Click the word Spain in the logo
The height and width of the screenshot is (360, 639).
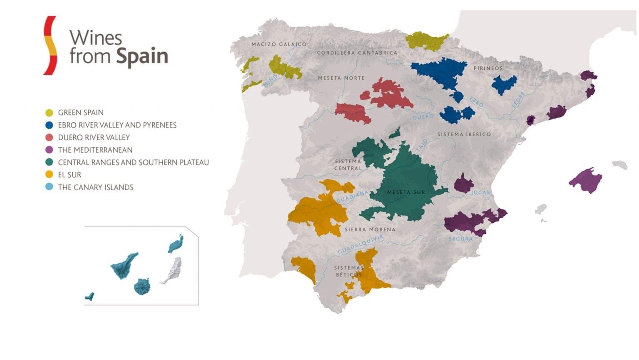point(142,57)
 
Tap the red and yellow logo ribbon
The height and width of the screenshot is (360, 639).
point(50,45)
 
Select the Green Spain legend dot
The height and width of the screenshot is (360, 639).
point(49,113)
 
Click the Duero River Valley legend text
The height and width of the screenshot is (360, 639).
point(94,138)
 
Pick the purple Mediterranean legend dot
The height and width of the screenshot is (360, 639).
point(49,150)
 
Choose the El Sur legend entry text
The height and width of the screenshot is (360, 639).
point(69,175)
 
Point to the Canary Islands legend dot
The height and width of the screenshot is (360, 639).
point(49,187)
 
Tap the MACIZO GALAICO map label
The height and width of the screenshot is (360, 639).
point(279,44)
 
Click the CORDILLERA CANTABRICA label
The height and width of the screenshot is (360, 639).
point(357,53)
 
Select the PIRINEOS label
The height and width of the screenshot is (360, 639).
point(488,68)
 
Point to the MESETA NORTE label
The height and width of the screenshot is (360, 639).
point(341,78)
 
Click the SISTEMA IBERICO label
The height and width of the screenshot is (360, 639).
point(464,134)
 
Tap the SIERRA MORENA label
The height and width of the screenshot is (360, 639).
point(370,229)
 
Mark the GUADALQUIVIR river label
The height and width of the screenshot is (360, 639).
point(360,244)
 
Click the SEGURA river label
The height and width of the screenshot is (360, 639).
point(461,239)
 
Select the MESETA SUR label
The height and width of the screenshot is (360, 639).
point(406,192)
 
